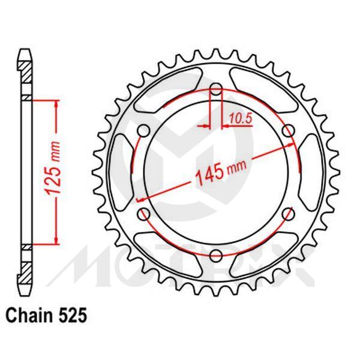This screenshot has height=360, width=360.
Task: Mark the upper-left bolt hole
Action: tap(145, 131)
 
